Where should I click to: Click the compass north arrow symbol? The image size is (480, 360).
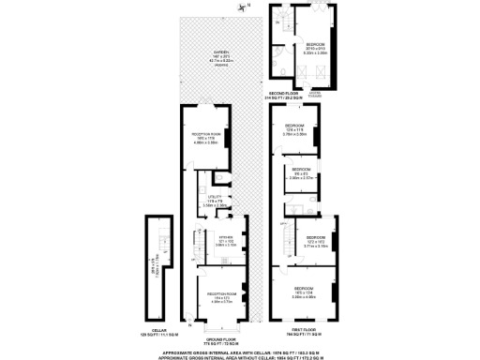pyautogui.click(x=246, y=7)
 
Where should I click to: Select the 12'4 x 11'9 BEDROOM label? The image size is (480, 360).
pyautogui.click(x=295, y=130)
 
